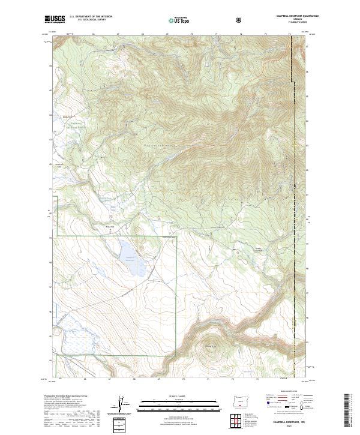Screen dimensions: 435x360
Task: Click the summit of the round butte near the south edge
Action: coord(209,348)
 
